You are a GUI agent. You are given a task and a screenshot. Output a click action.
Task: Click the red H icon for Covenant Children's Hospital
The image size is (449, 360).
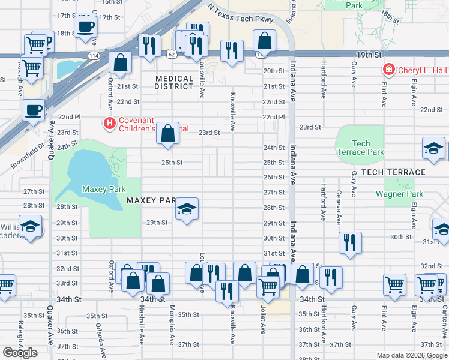[x=110, y=124]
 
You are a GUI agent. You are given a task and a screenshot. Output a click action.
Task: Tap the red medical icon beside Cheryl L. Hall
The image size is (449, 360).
[x=389, y=70]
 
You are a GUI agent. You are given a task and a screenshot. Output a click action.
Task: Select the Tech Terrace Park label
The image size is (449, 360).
[x=360, y=148]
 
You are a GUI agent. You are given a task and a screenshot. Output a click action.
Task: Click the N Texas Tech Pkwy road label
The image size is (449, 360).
[x=240, y=16]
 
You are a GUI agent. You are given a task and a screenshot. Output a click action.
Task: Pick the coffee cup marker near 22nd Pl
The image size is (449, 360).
[x=34, y=110]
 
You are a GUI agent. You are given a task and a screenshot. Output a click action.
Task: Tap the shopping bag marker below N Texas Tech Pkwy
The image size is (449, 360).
[x=264, y=41]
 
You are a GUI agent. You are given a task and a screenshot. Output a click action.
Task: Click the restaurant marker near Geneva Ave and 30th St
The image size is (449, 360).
[x=350, y=242]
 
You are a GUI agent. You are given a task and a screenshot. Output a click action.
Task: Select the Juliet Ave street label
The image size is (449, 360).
[x=263, y=321]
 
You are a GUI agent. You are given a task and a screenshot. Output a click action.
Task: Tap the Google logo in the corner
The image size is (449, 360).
[x=20, y=353]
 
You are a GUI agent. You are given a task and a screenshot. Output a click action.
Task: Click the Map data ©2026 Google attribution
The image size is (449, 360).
[x=412, y=355]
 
